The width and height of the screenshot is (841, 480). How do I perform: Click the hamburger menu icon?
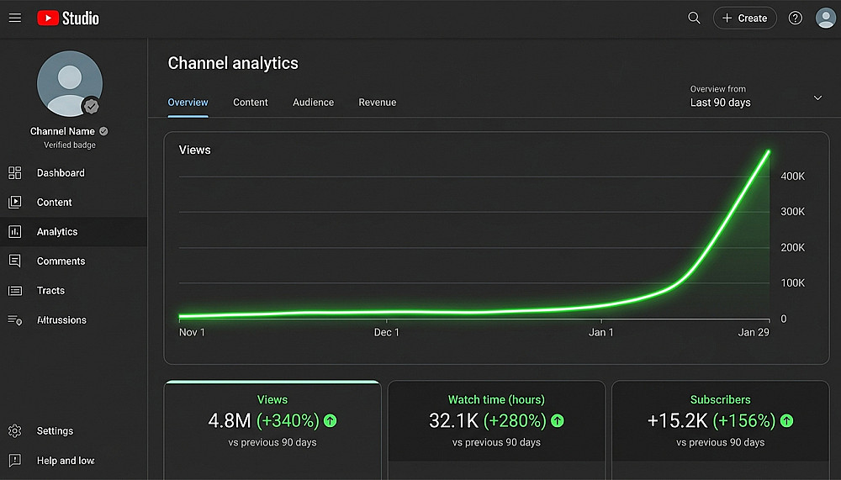15,18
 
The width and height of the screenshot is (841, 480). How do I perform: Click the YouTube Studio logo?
68,18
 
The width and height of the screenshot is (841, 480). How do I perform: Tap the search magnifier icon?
694,18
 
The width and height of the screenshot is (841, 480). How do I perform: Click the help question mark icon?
795,18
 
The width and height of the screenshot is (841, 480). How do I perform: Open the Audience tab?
313,103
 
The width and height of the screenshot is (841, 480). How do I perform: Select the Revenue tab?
377,103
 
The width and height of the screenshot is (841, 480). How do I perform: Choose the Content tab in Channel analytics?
251,103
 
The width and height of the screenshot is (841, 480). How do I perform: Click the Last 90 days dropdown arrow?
817,98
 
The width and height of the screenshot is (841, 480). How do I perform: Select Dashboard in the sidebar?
61,173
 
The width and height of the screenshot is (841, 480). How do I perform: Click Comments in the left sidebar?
61,261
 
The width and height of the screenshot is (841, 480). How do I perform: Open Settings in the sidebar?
55,431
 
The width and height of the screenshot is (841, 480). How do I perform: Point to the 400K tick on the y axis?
793,177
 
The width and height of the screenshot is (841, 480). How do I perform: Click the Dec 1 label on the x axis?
387,332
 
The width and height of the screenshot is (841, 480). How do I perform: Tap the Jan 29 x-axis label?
754,332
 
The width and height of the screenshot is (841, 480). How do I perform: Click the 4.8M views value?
230,420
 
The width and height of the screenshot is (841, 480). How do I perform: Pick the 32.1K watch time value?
453,420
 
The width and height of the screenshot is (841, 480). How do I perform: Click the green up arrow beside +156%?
786,420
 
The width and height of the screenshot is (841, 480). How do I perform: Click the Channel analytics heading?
233,63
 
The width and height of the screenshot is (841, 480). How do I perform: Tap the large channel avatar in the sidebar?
69,83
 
